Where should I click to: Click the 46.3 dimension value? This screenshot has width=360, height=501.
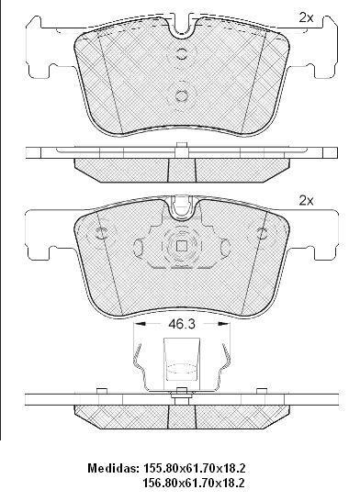182,324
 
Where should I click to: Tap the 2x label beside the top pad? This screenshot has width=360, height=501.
306,18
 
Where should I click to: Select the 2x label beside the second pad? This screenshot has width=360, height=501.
306,201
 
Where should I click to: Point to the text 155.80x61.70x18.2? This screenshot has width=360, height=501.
195,468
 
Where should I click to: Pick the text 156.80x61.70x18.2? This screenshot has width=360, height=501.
195,483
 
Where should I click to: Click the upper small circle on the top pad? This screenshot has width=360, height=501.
182,53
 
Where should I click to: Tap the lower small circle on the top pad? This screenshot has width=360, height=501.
182,95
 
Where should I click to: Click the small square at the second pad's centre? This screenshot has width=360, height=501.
182,246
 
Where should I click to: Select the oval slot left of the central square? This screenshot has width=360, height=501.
139,247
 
